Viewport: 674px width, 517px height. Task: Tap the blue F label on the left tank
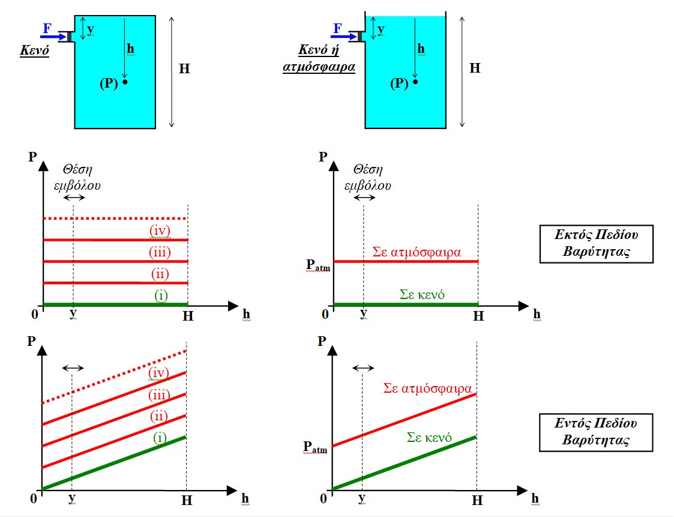pos(47,28)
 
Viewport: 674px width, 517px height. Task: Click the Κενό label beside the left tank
pos(34,50)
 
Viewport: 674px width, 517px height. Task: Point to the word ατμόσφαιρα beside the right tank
pos(319,67)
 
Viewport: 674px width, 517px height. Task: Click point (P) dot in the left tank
pos(125,82)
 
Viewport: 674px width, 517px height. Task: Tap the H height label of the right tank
pos(475,68)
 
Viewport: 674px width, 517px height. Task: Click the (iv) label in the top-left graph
pos(160,231)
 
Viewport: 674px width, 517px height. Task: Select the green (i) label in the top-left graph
pos(161,295)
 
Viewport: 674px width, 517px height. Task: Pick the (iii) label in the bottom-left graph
pos(159,395)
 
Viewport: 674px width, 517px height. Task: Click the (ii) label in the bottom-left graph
pos(158,416)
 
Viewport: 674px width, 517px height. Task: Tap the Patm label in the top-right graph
pos(318,265)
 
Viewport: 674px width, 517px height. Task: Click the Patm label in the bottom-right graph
pos(315,447)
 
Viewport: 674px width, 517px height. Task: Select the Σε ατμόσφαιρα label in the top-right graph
pos(417,252)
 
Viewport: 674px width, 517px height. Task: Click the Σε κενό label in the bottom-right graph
pos(429,437)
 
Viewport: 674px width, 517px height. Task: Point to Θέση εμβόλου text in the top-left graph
pos(77,177)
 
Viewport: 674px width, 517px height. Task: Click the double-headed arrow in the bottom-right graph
pos(363,367)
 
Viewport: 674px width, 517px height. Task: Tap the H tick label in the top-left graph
pos(188,316)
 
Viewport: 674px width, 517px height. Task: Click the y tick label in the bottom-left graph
pos(72,498)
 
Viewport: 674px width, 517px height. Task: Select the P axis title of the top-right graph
pos(323,157)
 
